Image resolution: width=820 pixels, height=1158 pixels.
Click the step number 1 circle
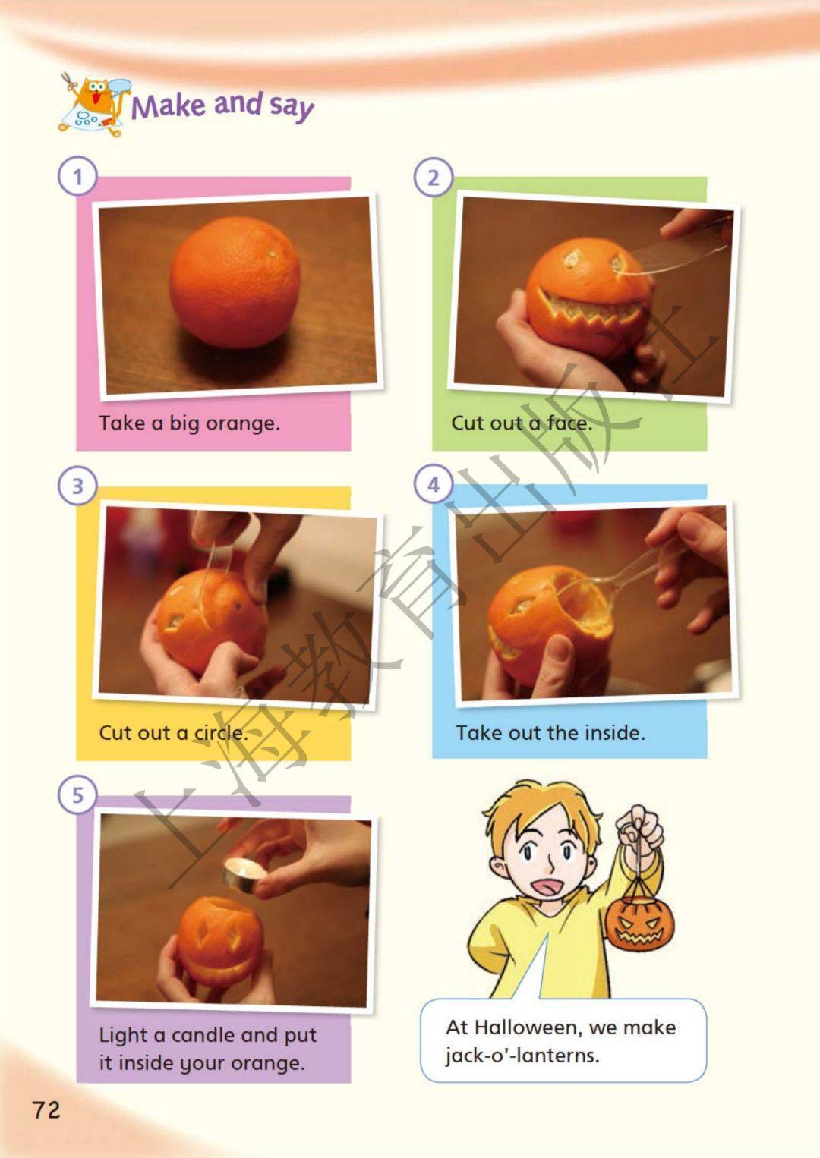pos(77,177)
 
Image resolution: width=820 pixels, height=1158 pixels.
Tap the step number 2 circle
pos(434,177)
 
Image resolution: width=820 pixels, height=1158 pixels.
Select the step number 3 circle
pos(77,486)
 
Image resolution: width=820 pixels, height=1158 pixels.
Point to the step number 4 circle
pos(434,485)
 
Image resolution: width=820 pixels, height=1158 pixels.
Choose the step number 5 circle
pos(77,795)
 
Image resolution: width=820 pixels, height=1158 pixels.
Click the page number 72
pos(46,1110)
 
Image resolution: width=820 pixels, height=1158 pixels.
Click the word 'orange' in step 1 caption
pos(243,424)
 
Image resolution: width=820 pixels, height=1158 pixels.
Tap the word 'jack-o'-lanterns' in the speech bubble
pos(522,1055)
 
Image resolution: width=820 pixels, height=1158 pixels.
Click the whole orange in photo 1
pos(235,282)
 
